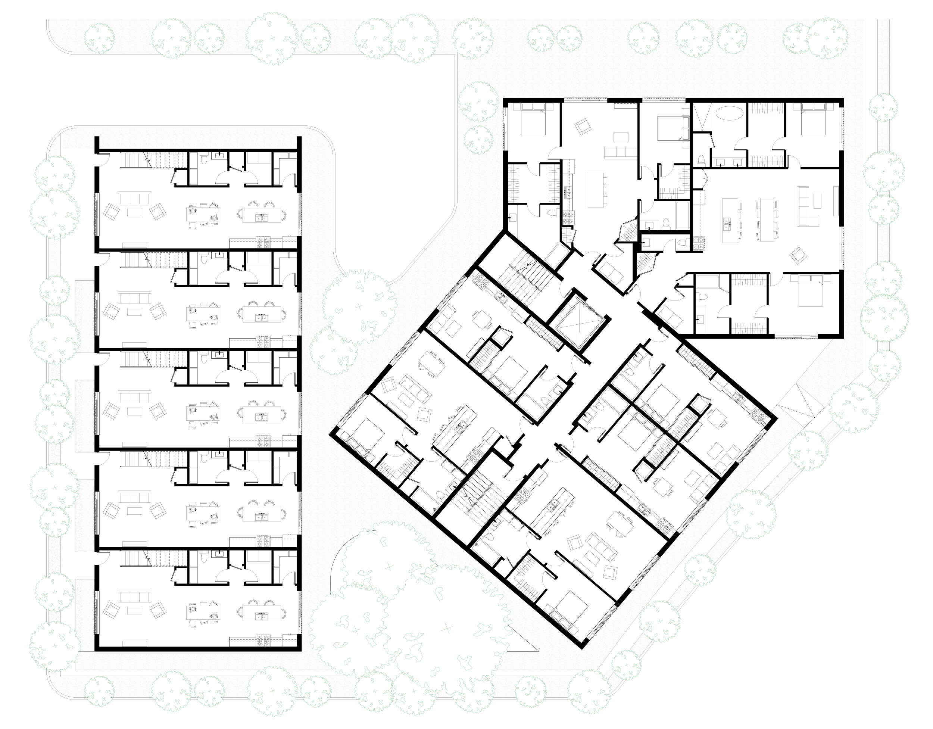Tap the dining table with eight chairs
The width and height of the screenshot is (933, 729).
click(765, 218)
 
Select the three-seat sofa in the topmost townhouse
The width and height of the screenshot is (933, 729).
click(135, 198)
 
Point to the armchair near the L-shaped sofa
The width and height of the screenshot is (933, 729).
click(796, 256)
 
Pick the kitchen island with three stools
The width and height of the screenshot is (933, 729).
click(596, 189)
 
